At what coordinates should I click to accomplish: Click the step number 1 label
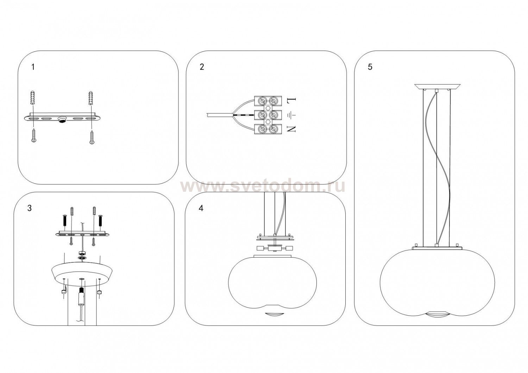[33, 67]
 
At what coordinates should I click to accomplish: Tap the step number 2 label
[202, 67]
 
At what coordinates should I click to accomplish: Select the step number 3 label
[30, 208]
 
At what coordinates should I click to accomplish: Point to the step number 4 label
[201, 208]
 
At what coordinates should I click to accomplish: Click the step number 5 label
[370, 67]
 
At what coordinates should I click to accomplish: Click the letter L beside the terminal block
[291, 101]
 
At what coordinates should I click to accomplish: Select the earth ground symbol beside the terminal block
[291, 115]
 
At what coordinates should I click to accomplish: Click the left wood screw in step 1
[33, 135]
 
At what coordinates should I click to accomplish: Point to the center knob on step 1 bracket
[62, 120]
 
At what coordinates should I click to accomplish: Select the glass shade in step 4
[272, 280]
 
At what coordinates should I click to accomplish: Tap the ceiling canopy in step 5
[437, 86]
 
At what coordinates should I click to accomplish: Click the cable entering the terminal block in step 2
[218, 114]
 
